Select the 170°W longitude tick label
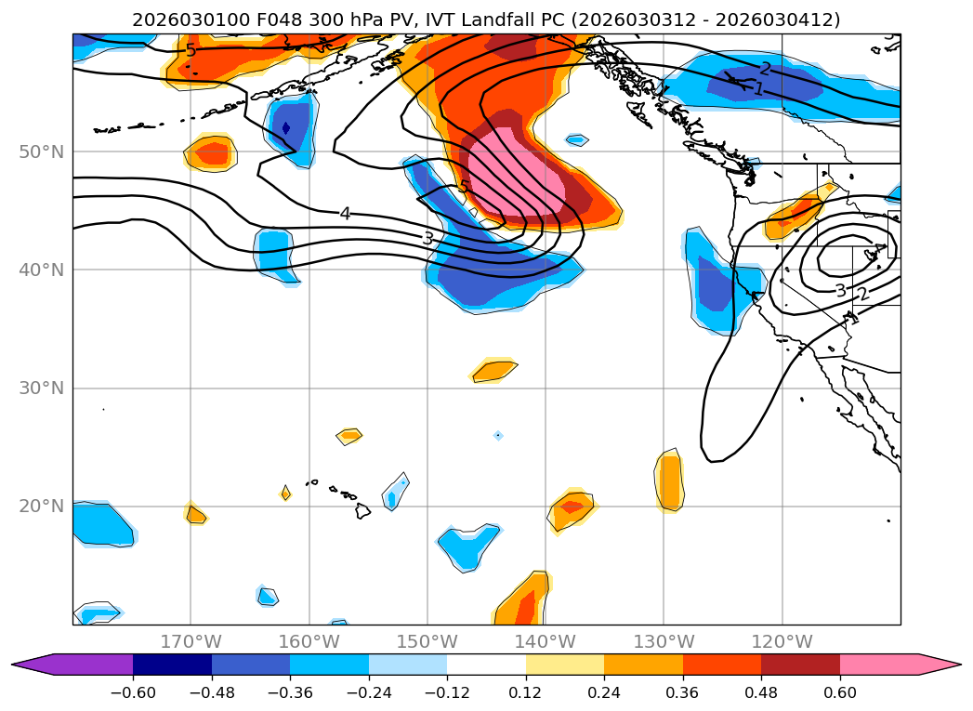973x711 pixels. tap(191, 641)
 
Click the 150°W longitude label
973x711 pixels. tap(427, 641)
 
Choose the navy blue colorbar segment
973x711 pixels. tap(172, 664)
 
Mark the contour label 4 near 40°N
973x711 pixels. tap(345, 214)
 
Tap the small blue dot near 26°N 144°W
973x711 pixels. tap(498, 435)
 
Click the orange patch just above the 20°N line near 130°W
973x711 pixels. tap(670, 480)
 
